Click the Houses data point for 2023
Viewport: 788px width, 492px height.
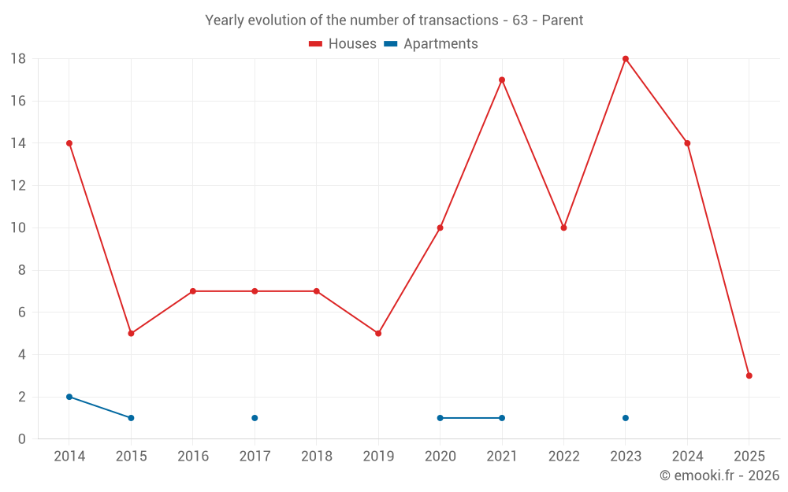(x=626, y=59)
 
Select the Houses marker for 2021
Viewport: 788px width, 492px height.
(x=502, y=80)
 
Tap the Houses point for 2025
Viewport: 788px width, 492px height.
(x=749, y=375)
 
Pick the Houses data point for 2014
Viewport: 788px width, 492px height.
(x=69, y=143)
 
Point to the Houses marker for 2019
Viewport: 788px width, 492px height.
(x=378, y=333)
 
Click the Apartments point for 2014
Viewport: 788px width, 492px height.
(x=69, y=397)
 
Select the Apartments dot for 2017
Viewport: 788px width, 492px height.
(x=255, y=418)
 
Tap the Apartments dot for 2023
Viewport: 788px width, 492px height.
(x=626, y=418)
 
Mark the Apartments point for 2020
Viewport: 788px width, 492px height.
(x=440, y=418)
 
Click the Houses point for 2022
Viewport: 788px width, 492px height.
(x=563, y=228)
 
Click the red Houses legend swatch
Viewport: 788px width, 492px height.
(x=316, y=44)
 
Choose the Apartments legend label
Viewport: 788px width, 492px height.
(x=440, y=44)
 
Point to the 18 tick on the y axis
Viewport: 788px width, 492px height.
(x=18, y=59)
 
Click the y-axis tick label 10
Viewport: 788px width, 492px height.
(x=18, y=228)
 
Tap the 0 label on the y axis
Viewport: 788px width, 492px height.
(x=22, y=439)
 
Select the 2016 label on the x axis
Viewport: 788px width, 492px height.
(x=193, y=457)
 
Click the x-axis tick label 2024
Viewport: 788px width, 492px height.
(x=687, y=457)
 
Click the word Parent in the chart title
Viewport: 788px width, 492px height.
(x=563, y=20)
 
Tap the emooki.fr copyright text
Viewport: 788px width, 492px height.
(x=719, y=475)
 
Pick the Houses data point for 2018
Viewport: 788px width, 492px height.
(x=317, y=291)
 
